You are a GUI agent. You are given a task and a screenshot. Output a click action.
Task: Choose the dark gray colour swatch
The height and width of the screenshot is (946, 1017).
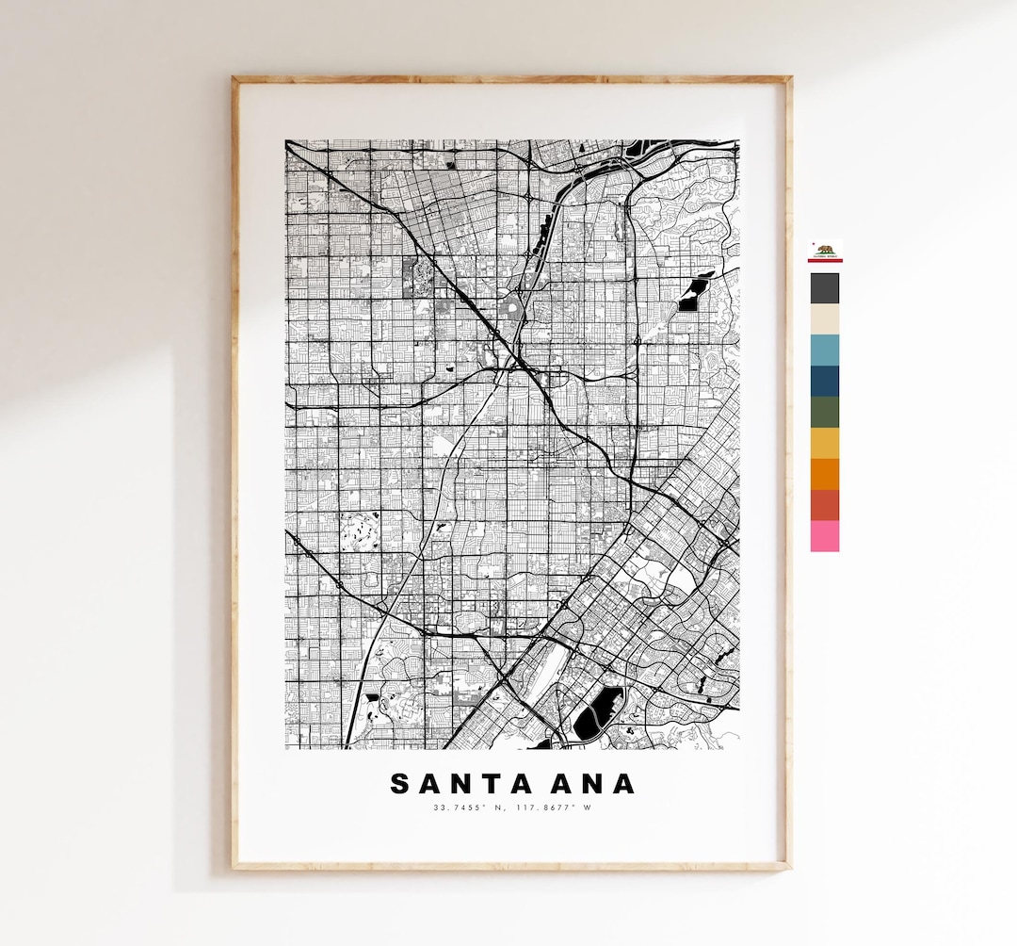824,288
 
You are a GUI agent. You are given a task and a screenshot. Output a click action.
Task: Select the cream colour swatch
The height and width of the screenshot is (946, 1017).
824,318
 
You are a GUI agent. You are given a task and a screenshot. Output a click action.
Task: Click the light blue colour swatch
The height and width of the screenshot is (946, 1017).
824,350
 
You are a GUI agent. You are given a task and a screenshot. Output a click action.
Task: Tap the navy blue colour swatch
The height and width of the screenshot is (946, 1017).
824,381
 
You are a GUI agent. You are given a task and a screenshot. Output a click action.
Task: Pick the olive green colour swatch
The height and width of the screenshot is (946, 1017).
824,412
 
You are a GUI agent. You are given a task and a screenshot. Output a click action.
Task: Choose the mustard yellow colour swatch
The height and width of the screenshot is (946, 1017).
824,443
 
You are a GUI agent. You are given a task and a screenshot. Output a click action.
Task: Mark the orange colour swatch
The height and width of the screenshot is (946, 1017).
824,474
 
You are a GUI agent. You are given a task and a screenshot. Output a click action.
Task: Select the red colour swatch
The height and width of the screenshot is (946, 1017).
824,505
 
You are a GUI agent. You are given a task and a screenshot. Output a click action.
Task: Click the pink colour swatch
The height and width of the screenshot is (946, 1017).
824,536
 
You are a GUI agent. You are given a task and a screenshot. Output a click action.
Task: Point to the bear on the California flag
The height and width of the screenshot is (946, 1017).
824,251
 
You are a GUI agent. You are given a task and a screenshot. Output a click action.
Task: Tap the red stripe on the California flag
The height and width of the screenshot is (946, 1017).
824,260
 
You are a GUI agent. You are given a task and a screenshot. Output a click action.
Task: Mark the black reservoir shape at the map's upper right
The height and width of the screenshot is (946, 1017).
695,293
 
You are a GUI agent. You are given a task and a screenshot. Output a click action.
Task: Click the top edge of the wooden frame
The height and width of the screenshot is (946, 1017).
511,80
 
